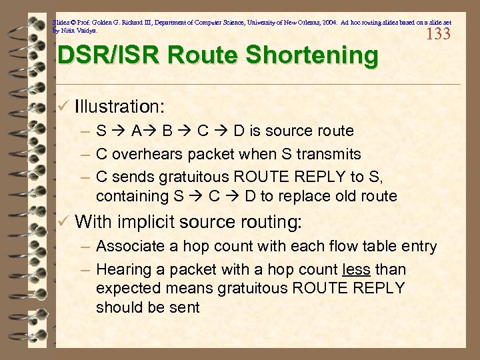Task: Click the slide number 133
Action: tap(438, 34)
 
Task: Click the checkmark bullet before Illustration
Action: tap(63, 106)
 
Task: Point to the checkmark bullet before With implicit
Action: tap(63, 221)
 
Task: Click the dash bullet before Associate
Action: tap(85, 247)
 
